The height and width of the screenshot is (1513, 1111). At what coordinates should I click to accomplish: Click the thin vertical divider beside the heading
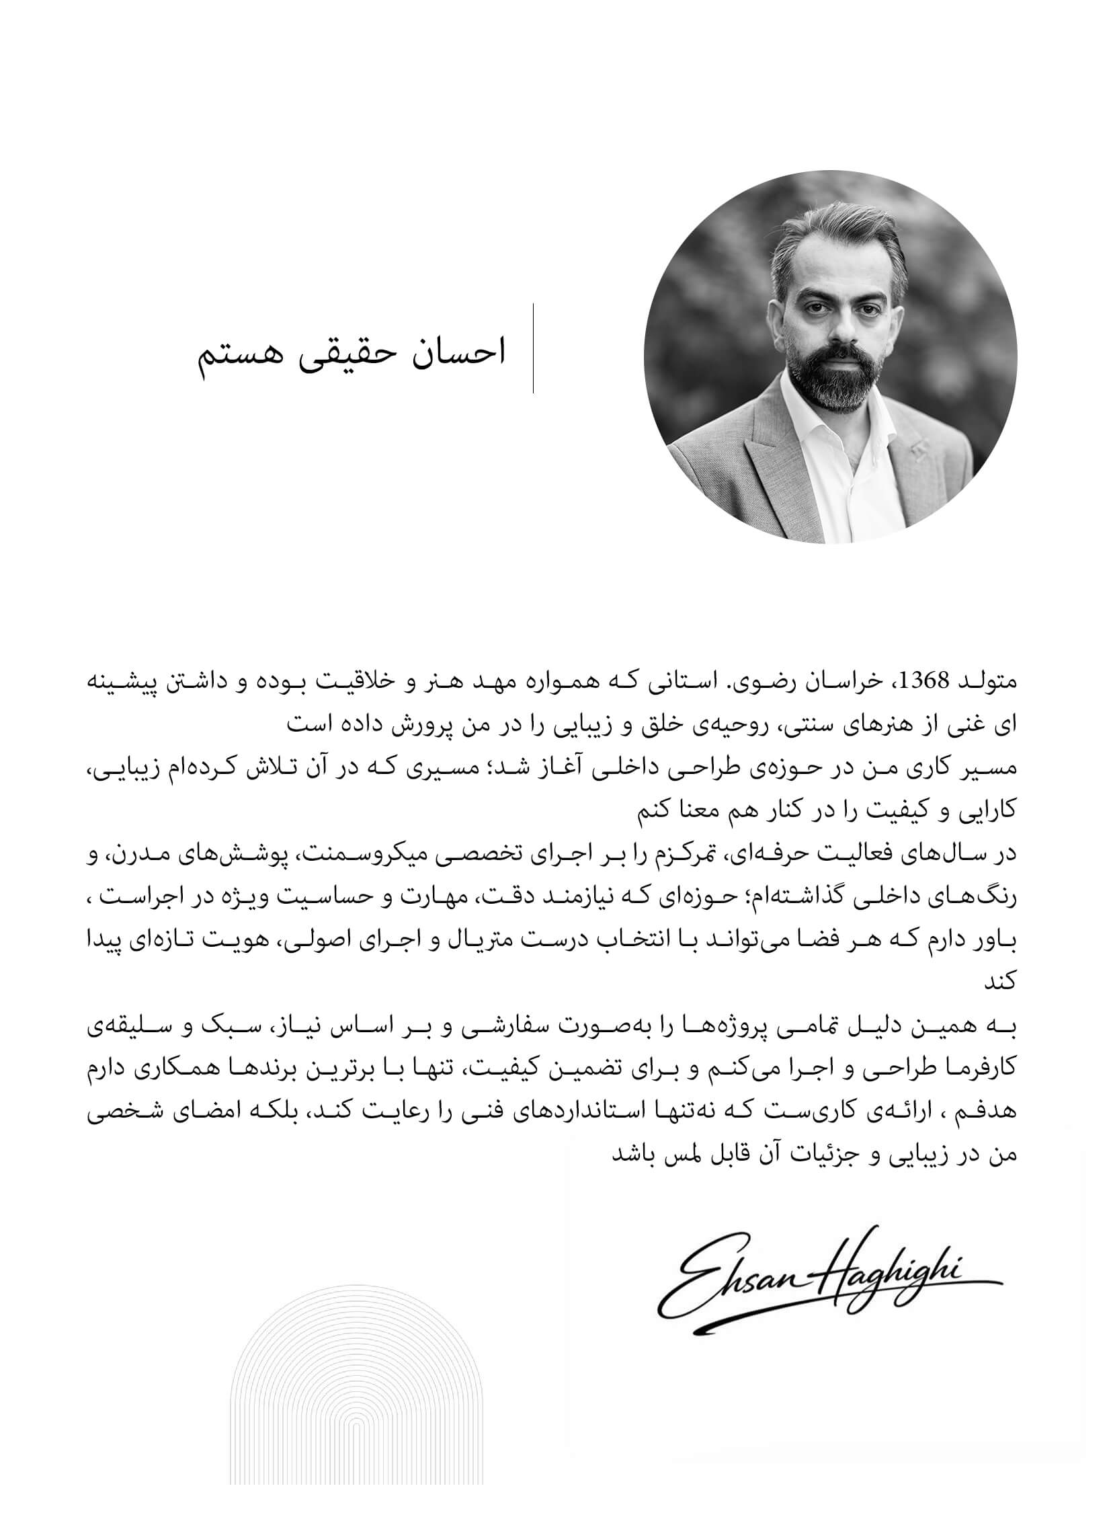coord(533,348)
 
